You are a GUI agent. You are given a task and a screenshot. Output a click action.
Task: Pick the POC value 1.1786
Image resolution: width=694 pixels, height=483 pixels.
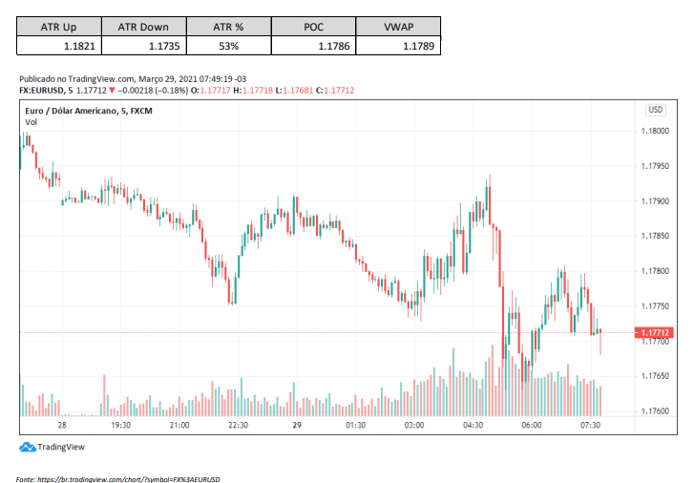tap(335, 45)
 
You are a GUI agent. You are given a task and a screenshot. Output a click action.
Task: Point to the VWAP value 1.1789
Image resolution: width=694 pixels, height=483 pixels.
tap(420, 45)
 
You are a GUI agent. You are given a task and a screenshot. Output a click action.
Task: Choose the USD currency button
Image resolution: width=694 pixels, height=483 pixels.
tap(656, 110)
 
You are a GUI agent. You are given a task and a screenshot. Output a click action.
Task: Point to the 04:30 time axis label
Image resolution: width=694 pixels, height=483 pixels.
tap(473, 425)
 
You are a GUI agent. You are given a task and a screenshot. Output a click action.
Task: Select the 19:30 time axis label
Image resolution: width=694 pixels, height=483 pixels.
tap(120, 425)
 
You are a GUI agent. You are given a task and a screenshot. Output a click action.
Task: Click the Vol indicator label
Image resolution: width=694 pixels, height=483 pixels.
tap(32, 122)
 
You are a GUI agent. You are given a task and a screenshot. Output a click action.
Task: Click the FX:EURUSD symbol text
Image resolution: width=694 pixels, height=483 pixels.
tap(44, 91)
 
